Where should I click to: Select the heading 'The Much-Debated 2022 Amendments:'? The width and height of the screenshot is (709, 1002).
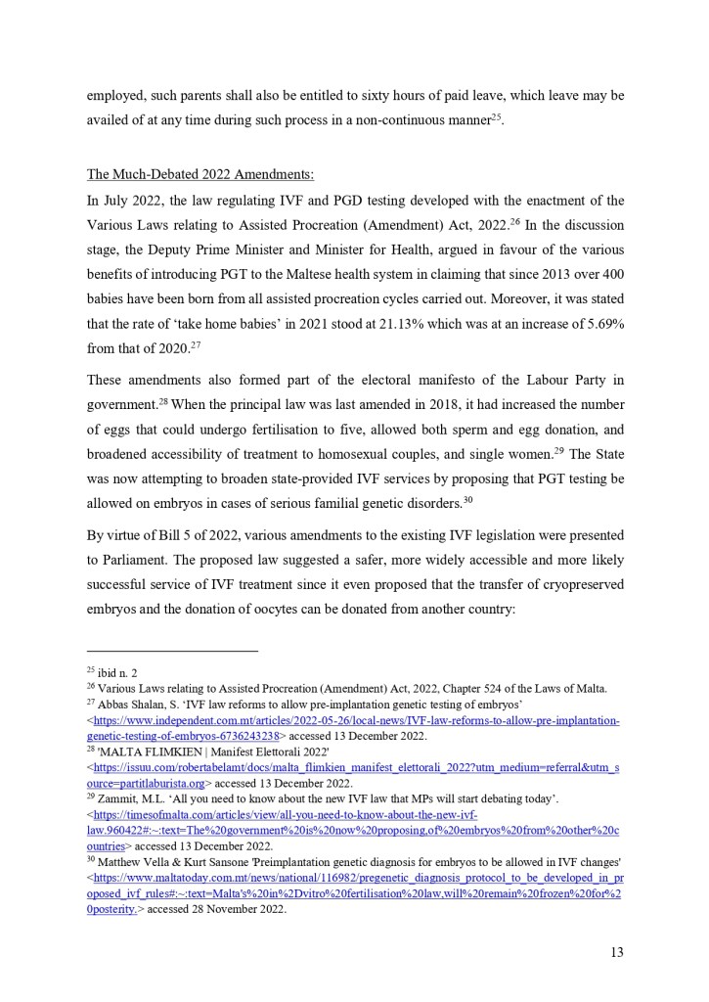200,175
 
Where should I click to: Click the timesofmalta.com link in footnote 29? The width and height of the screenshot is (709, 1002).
284,816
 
